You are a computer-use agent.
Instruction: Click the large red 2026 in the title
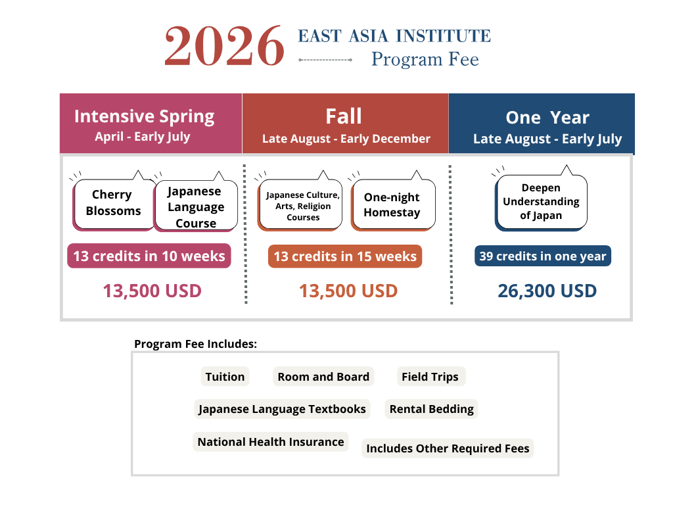[x=224, y=45]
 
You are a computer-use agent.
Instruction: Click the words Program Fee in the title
[x=425, y=59]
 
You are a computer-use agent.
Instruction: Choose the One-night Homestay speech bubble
[x=392, y=204]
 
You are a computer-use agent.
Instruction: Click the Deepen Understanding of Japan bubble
[x=541, y=201]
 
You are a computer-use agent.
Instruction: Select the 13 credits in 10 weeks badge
[x=149, y=256]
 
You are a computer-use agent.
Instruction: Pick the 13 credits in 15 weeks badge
[x=345, y=256]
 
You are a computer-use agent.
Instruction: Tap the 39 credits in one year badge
[x=542, y=256]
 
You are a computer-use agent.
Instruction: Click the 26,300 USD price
[x=547, y=291]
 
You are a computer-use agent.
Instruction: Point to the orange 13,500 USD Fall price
[x=348, y=291]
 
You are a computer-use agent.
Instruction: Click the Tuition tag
[x=225, y=377]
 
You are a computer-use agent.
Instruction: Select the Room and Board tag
[x=323, y=377]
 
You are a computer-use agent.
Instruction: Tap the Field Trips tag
[x=430, y=377]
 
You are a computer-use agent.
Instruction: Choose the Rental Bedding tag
[x=431, y=409]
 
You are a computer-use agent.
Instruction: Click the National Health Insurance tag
[x=271, y=442]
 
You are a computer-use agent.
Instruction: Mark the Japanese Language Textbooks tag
[x=282, y=409]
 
